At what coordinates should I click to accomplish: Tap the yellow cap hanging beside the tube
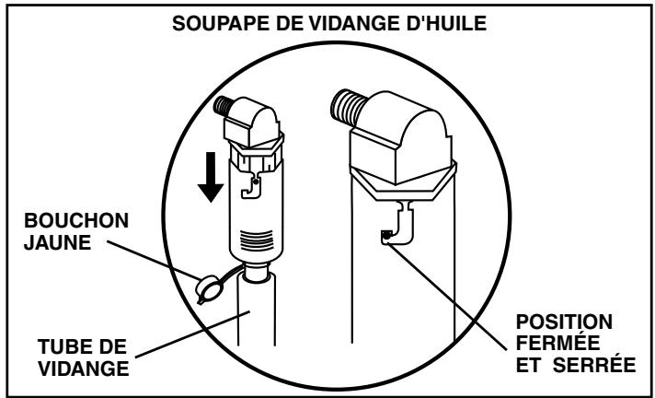208,289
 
